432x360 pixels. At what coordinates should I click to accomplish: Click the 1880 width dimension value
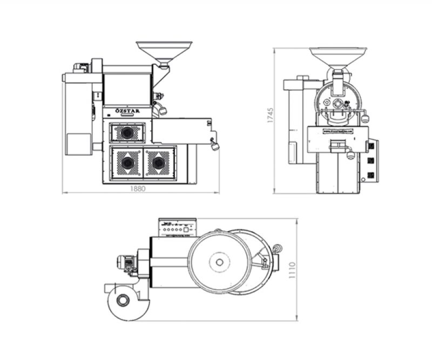(x=138, y=189)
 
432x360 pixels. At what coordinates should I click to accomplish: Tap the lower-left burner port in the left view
(x=127, y=161)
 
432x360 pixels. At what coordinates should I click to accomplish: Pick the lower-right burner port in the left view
(x=157, y=161)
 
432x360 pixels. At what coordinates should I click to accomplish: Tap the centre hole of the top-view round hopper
(x=219, y=262)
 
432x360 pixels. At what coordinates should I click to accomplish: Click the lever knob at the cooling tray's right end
(x=214, y=145)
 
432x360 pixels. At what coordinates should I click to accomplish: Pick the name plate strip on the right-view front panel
(x=337, y=131)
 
